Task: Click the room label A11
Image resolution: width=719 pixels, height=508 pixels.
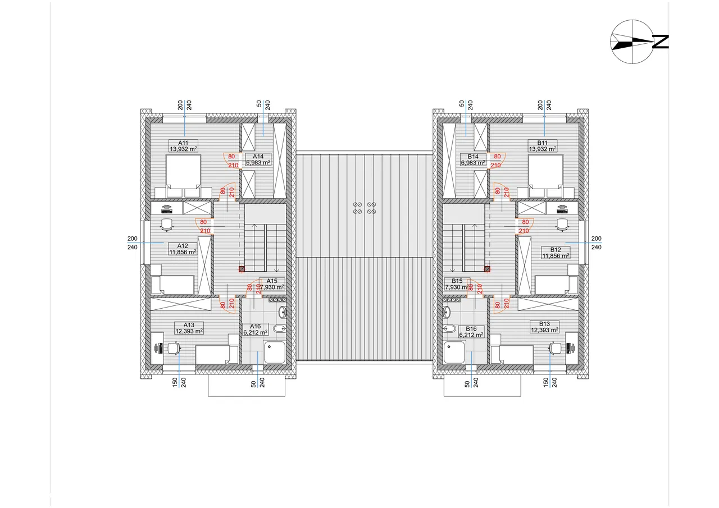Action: pos(183,143)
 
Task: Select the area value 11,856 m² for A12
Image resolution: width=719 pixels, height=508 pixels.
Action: pos(183,252)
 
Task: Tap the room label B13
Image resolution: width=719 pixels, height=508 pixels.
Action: pos(544,324)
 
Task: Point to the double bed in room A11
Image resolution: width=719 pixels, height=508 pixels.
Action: pos(183,173)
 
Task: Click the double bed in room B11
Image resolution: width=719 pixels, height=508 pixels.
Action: pos(546,173)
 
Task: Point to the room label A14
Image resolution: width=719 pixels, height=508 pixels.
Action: pos(258,156)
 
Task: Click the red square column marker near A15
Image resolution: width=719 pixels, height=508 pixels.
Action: pos(242,269)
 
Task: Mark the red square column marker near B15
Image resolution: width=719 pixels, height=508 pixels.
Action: pos(487,269)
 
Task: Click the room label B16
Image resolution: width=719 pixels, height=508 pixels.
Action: pos(471,328)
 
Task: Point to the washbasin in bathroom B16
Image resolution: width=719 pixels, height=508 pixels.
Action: pos(447,312)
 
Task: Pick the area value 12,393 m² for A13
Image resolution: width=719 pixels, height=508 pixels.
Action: pos(189,331)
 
